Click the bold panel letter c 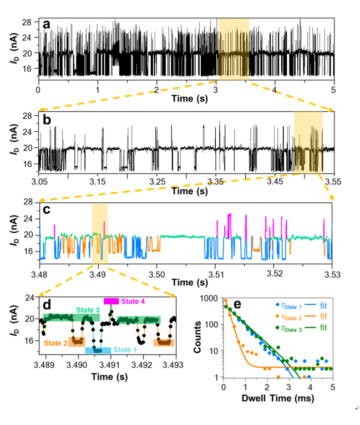pyautogui.click(x=47, y=209)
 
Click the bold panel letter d pyautogui.click(x=47, y=304)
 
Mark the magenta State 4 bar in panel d pyautogui.click(x=111, y=300)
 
